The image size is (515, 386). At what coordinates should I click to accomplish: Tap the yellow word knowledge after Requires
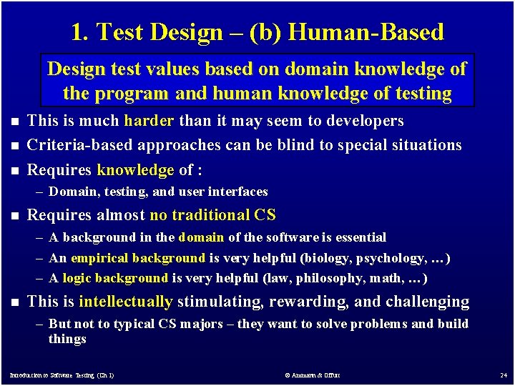[x=135, y=169]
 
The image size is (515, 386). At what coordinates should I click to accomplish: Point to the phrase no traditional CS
[x=212, y=214]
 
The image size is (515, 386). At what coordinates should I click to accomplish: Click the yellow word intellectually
[x=126, y=302]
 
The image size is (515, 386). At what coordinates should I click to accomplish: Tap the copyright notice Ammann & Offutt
[x=312, y=375]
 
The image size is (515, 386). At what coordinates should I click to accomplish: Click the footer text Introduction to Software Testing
[x=61, y=375]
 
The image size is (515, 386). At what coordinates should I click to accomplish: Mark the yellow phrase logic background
[x=115, y=278]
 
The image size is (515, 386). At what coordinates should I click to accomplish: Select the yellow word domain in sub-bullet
[x=201, y=237]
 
